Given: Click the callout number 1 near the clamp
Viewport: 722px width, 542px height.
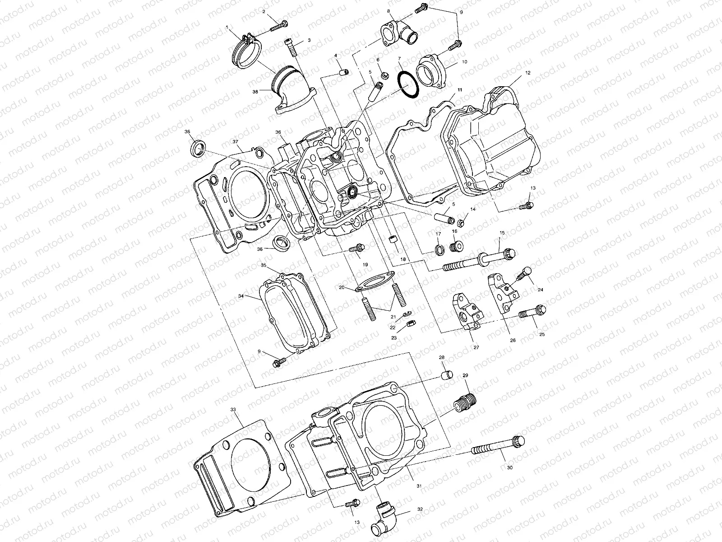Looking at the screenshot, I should coord(227,28).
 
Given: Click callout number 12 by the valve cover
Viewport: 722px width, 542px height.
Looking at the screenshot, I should coord(528,72).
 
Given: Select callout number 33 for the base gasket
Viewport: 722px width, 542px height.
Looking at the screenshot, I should coord(233,409).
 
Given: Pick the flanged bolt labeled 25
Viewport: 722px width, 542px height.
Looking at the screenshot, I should coord(532,312).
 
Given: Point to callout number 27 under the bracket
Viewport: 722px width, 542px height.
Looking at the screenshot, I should coord(476,347).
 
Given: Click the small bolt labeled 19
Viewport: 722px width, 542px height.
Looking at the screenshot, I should coord(357,248).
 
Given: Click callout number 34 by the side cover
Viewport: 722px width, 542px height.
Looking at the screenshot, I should coord(241,296).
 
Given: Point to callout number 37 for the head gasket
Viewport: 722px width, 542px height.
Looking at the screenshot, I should coord(235,141).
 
